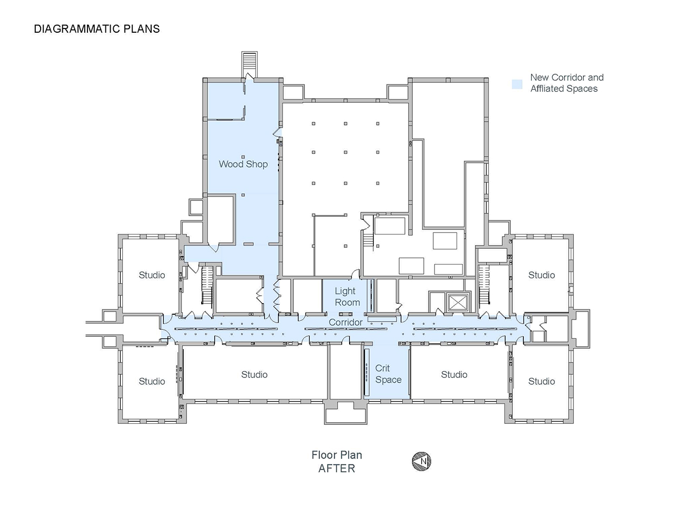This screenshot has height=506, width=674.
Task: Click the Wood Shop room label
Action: [x=243, y=164]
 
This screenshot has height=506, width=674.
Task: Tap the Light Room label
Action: [x=347, y=296]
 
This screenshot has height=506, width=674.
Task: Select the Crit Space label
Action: [x=388, y=374]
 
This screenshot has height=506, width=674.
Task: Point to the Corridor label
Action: [x=345, y=322]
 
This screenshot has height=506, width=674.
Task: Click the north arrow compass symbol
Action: [x=421, y=461]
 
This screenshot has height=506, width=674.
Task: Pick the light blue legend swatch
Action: [x=517, y=84]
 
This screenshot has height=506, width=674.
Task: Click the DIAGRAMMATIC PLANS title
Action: [x=97, y=29]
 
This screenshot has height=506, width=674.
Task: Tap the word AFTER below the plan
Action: [x=336, y=469]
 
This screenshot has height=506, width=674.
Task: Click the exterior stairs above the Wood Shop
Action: [x=250, y=63]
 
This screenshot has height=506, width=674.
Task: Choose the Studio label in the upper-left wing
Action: [x=152, y=275]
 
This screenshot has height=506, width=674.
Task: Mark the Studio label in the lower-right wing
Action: [x=541, y=381]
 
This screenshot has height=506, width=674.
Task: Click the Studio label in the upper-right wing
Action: [x=541, y=275]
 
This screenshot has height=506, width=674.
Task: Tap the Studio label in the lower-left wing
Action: [x=152, y=381]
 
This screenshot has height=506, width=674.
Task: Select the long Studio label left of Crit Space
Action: [x=254, y=375]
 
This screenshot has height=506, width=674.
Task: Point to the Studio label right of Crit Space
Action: [x=454, y=375]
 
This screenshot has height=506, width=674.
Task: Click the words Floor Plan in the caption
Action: [x=337, y=455]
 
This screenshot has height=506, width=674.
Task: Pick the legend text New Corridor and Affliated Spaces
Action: [x=567, y=83]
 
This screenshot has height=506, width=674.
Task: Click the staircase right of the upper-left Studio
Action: [x=207, y=285]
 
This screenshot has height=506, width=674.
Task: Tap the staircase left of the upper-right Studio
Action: [x=484, y=285]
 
